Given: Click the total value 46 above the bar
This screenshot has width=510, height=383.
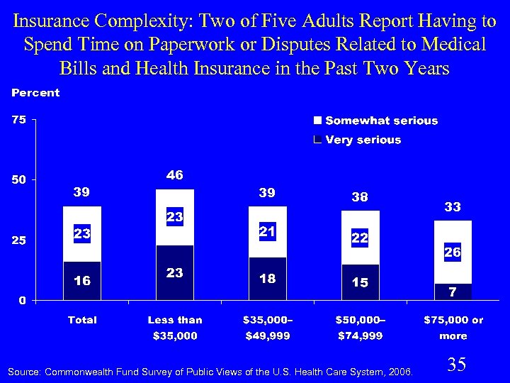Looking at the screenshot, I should click(x=175, y=175).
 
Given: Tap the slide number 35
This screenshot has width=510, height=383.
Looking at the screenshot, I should click(x=457, y=365).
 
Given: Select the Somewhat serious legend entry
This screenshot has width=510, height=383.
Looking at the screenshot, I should click(x=375, y=121).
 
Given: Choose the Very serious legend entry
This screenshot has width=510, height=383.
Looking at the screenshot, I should click(x=357, y=140).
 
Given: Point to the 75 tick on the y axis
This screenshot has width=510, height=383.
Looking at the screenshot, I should click(x=18, y=120).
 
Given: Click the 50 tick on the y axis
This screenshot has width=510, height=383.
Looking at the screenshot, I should click(x=18, y=180).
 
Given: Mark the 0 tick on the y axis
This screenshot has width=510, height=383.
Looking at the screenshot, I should click(x=22, y=300).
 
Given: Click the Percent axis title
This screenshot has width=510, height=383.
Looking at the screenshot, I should click(x=35, y=93).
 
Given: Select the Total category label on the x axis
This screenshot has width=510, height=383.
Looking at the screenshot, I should click(x=82, y=320).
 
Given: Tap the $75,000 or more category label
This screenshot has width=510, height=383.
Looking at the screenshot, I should click(x=453, y=328).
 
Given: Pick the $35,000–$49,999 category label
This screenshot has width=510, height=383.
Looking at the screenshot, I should click(x=267, y=328).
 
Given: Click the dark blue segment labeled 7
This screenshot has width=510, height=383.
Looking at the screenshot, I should click(x=453, y=292).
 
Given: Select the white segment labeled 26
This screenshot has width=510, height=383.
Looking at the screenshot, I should click(x=453, y=252).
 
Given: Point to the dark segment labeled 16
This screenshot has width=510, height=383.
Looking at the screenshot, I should click(x=82, y=281).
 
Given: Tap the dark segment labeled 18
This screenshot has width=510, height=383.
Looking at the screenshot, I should click(x=267, y=279).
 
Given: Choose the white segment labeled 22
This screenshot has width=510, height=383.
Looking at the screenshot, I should click(x=360, y=238).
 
